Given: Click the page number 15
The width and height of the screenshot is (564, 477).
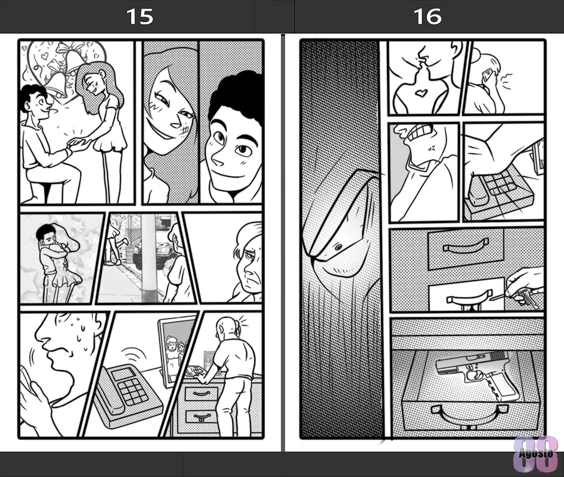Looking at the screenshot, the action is (140, 17).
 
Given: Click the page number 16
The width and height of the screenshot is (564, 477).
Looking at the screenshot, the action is (427, 17).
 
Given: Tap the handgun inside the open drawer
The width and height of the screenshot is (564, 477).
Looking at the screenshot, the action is (476, 374).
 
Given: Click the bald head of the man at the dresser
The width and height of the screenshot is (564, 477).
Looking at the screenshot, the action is (225, 328).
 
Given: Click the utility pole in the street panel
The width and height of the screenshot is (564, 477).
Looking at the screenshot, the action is (148, 257).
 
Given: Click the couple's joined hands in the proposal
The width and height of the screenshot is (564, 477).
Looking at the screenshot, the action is (77, 144).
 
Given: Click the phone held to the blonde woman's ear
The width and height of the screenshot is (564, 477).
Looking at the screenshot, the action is (487, 76).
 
